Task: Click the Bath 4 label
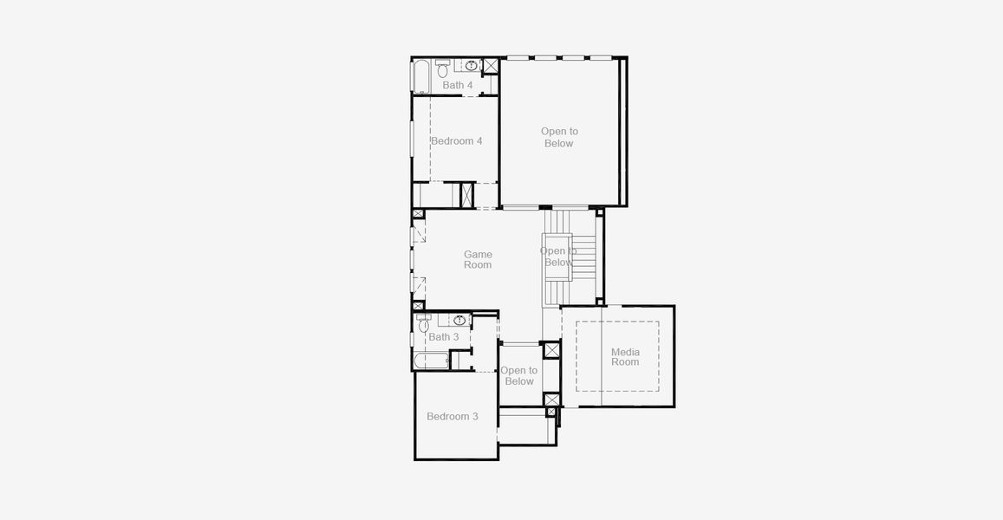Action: (458, 85)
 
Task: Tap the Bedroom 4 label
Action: (456, 140)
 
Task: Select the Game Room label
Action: (478, 260)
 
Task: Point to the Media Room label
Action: (625, 356)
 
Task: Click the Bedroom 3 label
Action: (453, 416)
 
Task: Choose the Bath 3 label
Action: (444, 336)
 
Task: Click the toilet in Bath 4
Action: (442, 67)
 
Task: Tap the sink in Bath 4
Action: (472, 65)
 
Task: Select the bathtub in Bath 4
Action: (420, 76)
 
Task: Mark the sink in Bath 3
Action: (459, 320)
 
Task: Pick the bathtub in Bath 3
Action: (431, 361)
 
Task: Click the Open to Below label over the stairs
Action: (558, 257)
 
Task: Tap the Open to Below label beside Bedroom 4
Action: (559, 137)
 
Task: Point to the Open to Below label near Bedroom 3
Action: (518, 375)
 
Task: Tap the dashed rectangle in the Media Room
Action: (617, 356)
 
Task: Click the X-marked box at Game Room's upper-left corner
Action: (418, 213)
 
